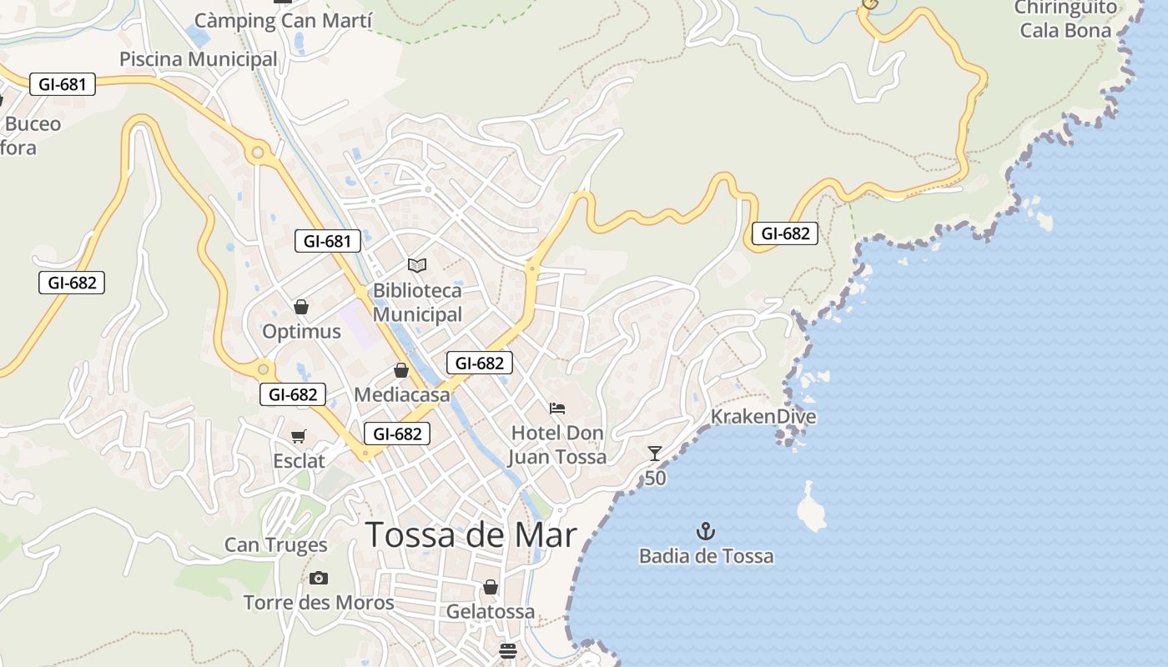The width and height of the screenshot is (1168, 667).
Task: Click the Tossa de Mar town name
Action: (471, 534)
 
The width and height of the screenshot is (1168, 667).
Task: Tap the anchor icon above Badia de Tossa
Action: (706, 531)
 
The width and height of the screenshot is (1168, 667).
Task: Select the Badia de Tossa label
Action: (706, 556)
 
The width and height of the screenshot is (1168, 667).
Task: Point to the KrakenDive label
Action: (763, 417)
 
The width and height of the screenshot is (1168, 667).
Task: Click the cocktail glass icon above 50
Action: (655, 454)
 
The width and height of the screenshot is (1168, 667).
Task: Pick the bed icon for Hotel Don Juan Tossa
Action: (557, 409)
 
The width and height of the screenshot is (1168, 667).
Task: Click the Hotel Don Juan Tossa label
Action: (557, 445)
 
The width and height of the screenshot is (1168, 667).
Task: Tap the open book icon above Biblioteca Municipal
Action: (417, 265)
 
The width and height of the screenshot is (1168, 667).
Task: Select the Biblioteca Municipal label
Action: (417, 303)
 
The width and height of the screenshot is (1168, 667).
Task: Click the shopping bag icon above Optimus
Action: (301, 307)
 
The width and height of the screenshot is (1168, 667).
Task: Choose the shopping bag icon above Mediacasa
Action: (401, 370)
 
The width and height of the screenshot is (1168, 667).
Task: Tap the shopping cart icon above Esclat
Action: (298, 436)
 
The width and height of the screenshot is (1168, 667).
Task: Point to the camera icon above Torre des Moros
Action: (318, 578)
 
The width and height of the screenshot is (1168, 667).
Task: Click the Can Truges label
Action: (275, 545)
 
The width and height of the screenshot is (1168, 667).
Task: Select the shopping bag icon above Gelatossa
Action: (491, 587)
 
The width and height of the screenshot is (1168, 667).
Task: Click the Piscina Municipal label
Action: (198, 59)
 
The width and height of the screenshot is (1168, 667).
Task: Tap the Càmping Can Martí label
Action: (283, 20)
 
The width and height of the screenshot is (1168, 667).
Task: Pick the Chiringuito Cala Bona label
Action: (1065, 19)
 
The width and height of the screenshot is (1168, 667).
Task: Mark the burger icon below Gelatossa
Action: (509, 649)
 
